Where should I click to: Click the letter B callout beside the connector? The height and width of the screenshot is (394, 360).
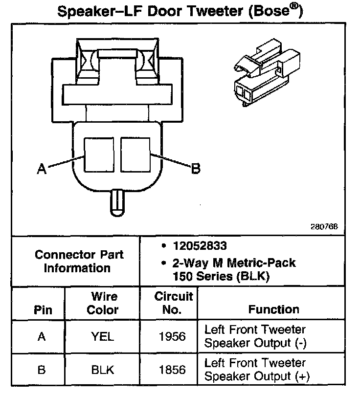tap(195, 169)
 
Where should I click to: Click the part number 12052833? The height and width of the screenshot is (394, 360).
tap(200, 245)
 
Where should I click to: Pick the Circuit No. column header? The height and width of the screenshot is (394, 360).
tap(174, 303)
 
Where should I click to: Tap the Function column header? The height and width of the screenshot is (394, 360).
tap(273, 309)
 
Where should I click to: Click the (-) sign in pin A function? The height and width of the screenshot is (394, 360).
tap(301, 343)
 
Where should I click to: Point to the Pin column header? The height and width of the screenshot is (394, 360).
tap(43, 310)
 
